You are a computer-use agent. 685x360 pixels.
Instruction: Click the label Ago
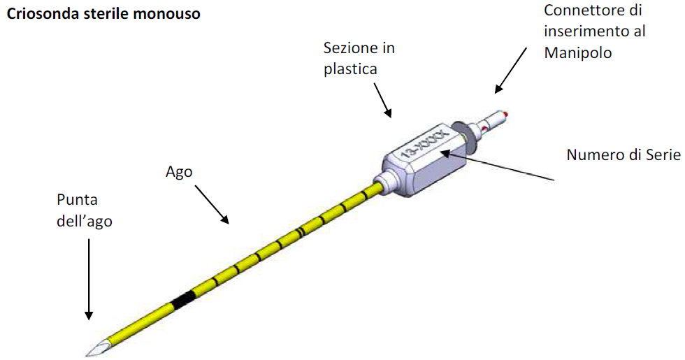point(179,172)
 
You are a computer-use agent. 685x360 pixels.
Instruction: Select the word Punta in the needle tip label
point(78,200)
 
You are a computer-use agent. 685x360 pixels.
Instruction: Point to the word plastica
point(350,69)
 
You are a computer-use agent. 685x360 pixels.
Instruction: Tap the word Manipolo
point(578,53)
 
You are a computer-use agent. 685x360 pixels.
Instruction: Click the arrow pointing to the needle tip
point(89,280)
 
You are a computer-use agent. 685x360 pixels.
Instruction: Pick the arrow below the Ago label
point(212,204)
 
